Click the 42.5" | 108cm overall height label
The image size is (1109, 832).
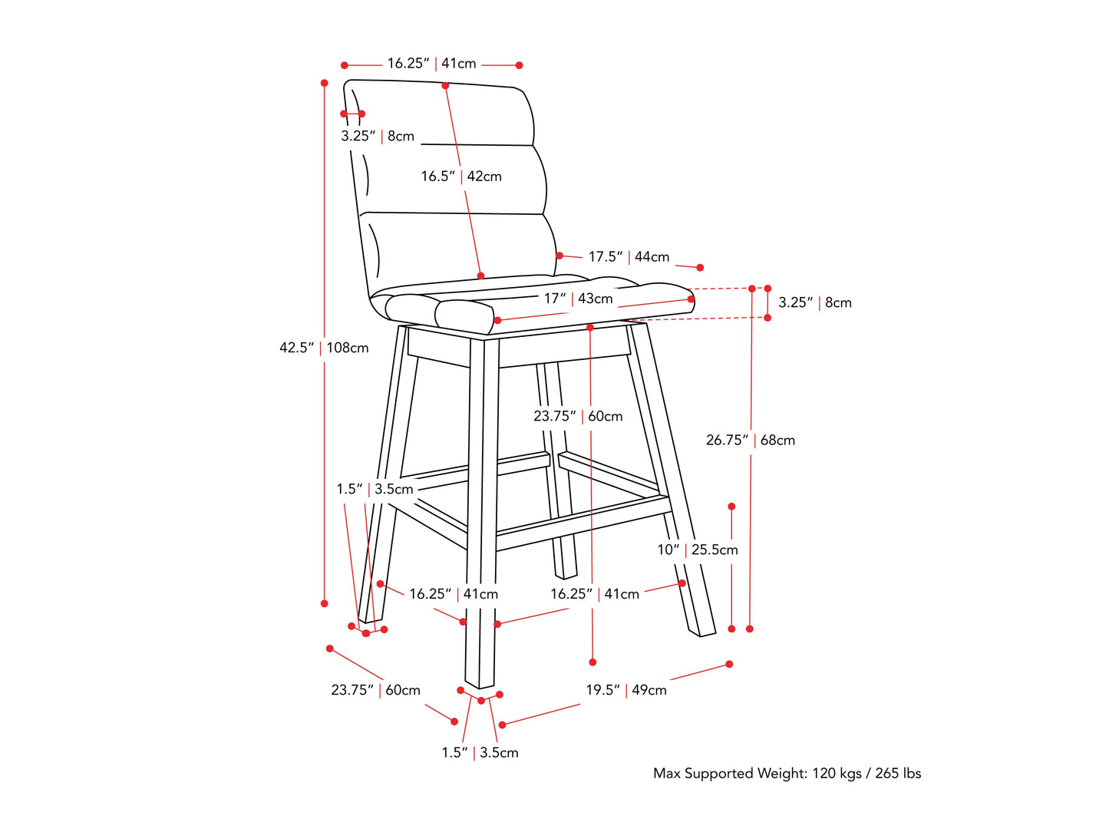[x=324, y=348]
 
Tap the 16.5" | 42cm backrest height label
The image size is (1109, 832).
[x=461, y=177]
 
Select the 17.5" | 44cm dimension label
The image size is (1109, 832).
[x=629, y=256]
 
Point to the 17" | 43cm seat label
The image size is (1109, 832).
[x=578, y=299]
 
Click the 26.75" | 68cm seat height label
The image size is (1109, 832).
[x=751, y=440]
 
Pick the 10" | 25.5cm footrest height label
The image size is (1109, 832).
[x=697, y=550]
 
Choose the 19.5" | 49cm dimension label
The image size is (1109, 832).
[x=626, y=690]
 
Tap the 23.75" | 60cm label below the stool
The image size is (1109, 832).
[x=375, y=690]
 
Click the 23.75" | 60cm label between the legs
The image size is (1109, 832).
[x=578, y=416]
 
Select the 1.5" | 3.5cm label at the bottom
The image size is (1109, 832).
[x=480, y=753]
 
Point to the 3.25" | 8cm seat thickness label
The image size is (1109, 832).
[x=815, y=302]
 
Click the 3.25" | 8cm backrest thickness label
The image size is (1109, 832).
[x=378, y=136]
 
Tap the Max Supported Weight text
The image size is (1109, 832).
[x=787, y=774]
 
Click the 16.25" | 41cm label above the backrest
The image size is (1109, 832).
[x=431, y=63]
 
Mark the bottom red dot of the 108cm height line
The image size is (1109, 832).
[x=325, y=604]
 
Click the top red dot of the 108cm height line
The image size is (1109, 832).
[x=325, y=83]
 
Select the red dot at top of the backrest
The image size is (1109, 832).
[x=445, y=86]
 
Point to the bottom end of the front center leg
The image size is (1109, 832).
[x=480, y=687]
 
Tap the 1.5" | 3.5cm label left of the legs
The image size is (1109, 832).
[x=375, y=489]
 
